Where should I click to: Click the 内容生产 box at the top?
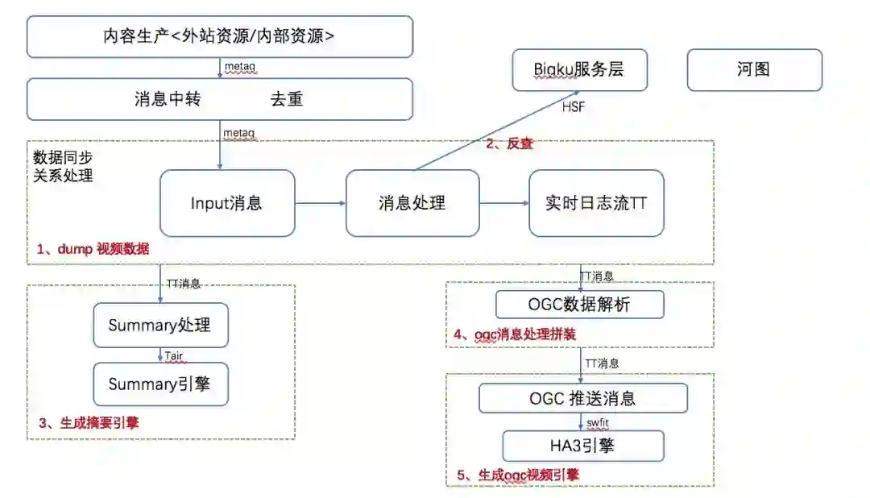[x=219, y=37]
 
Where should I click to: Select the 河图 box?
[x=754, y=69]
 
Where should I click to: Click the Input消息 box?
[x=227, y=203]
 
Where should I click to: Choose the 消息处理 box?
[x=412, y=203]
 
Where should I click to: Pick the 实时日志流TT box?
[x=596, y=203]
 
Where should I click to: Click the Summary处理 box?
[x=160, y=326]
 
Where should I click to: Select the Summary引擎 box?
[x=160, y=384]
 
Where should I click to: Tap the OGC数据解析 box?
[x=580, y=305]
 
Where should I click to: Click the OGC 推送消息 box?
[x=583, y=398]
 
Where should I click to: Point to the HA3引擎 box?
[x=583, y=446]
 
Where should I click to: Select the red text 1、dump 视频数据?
[x=93, y=249]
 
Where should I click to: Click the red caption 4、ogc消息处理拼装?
[x=516, y=333]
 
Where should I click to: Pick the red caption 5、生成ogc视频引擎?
[x=518, y=475]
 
